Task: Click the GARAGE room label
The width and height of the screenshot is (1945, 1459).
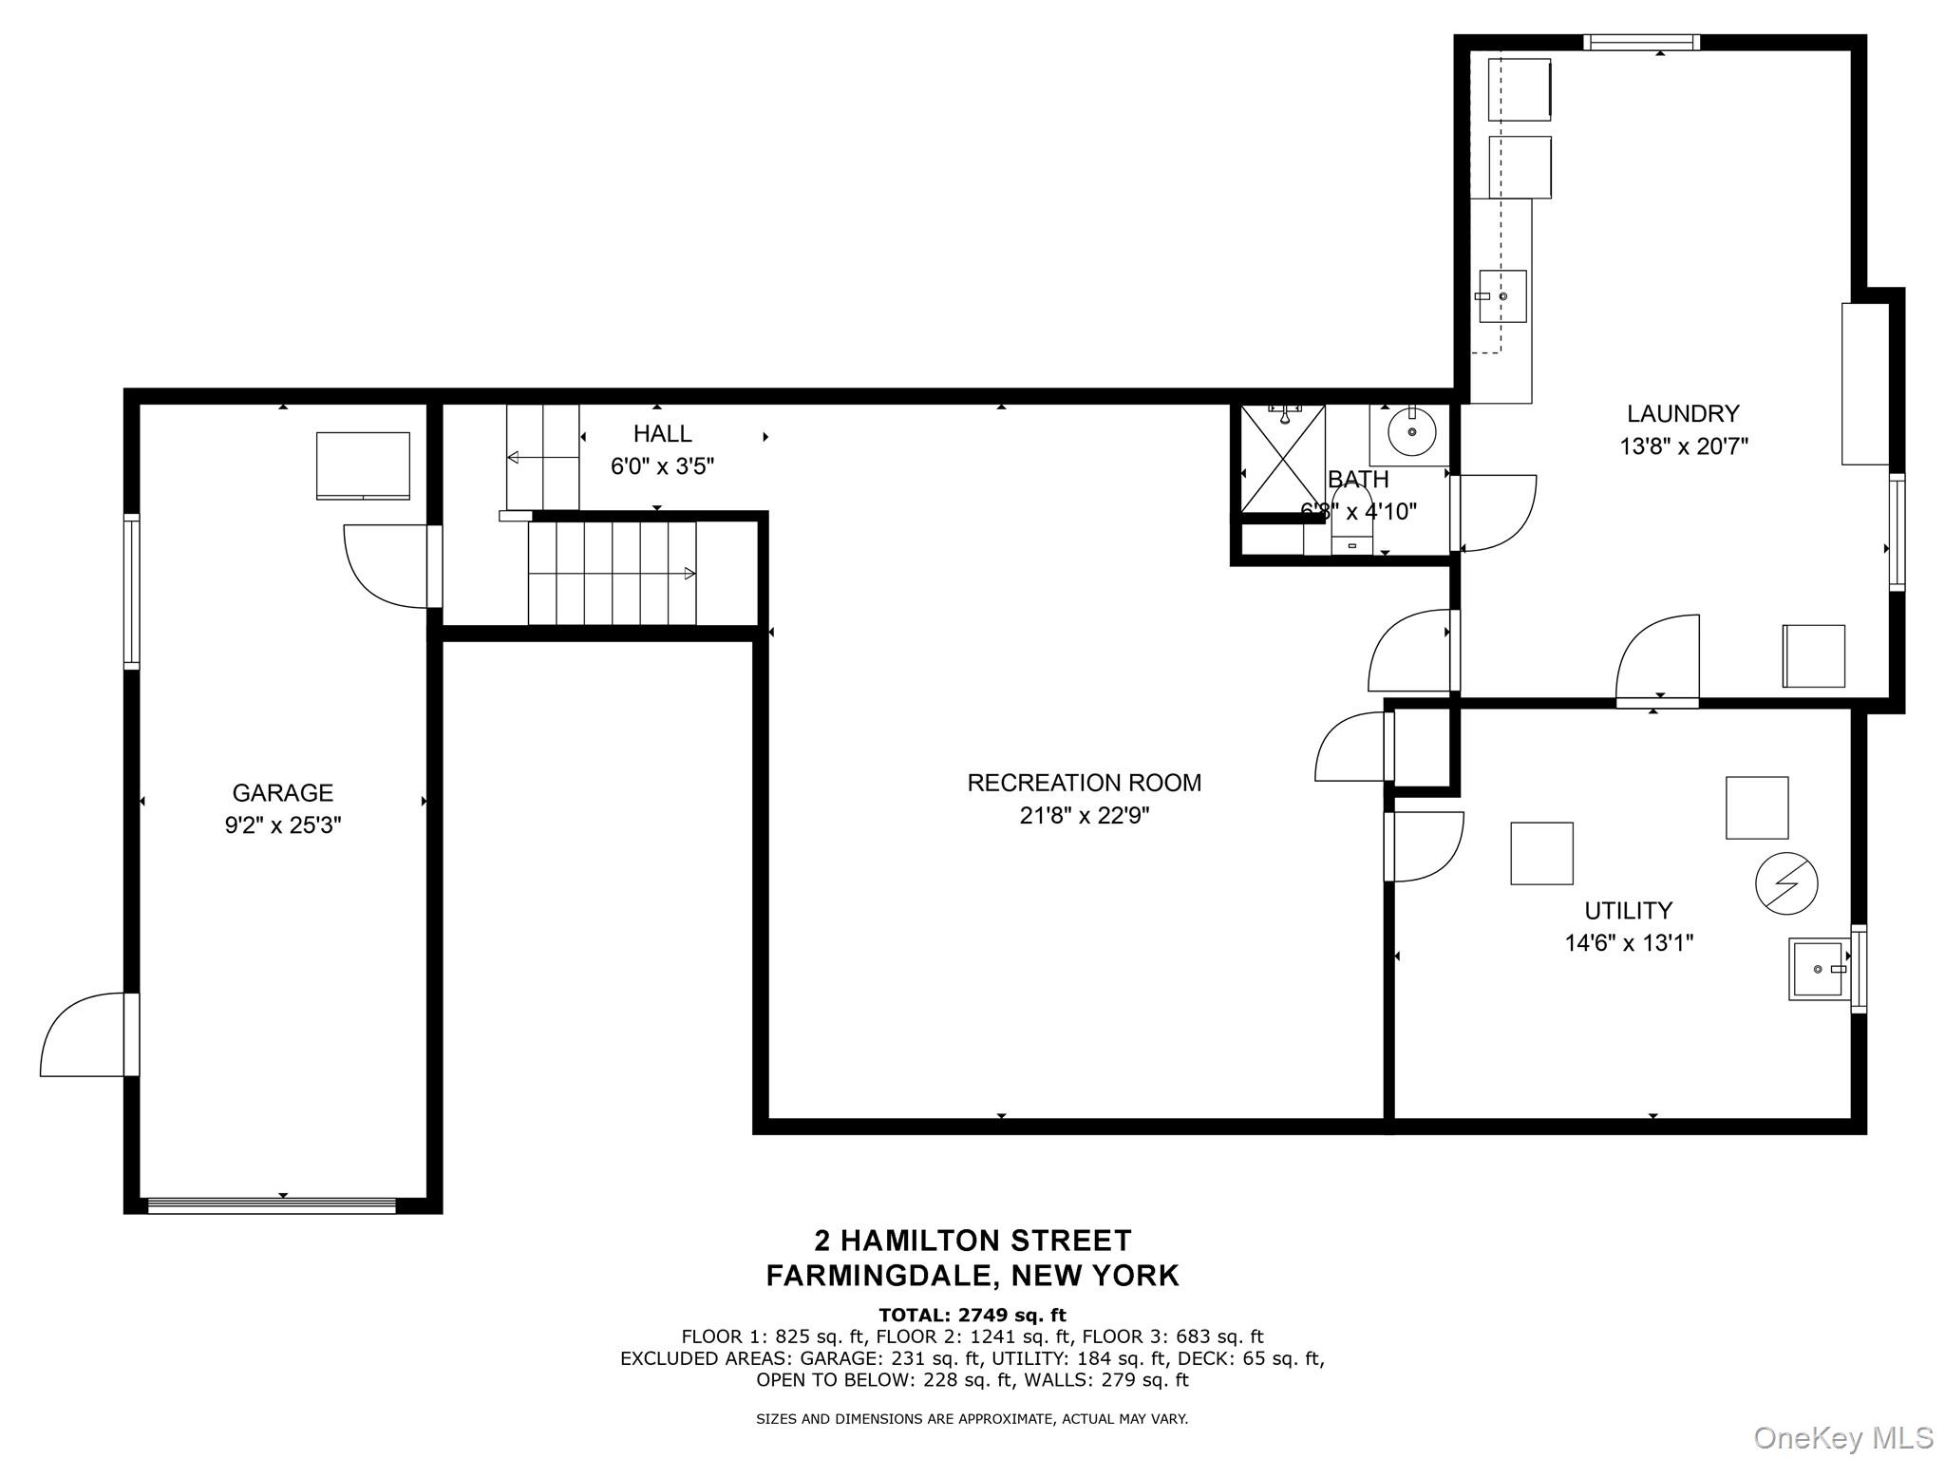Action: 283,792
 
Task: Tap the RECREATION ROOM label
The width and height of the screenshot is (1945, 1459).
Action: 1085,783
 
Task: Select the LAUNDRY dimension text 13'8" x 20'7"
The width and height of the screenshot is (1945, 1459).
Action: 1684,446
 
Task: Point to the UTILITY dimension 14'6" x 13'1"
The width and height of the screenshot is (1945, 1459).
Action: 1630,943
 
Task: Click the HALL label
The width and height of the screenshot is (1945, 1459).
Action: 663,434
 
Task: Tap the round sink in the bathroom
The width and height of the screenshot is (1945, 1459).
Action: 1412,434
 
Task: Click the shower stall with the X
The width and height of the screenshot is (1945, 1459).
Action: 1283,459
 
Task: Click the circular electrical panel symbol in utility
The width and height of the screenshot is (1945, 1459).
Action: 1786,883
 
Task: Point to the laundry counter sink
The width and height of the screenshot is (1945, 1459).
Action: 1502,296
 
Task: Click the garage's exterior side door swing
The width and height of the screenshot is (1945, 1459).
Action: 84,1034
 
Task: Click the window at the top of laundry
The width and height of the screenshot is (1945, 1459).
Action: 1641,43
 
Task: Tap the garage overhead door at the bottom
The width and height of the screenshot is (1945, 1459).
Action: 272,1205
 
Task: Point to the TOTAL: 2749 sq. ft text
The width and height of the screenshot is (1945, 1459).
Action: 972,1315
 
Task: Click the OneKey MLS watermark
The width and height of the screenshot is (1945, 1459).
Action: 1843,1437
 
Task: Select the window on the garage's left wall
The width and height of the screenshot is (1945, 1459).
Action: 132,592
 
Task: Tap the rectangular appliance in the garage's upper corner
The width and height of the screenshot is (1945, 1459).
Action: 363,465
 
